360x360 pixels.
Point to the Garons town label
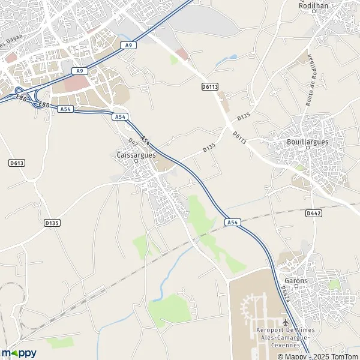click(x=296, y=281)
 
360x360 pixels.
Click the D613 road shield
click(x=16, y=163)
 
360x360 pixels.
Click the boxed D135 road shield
click(x=52, y=223)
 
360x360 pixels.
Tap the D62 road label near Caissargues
click(x=133, y=142)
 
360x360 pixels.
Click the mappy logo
click(x=19, y=353)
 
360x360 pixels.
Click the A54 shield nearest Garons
click(x=233, y=222)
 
